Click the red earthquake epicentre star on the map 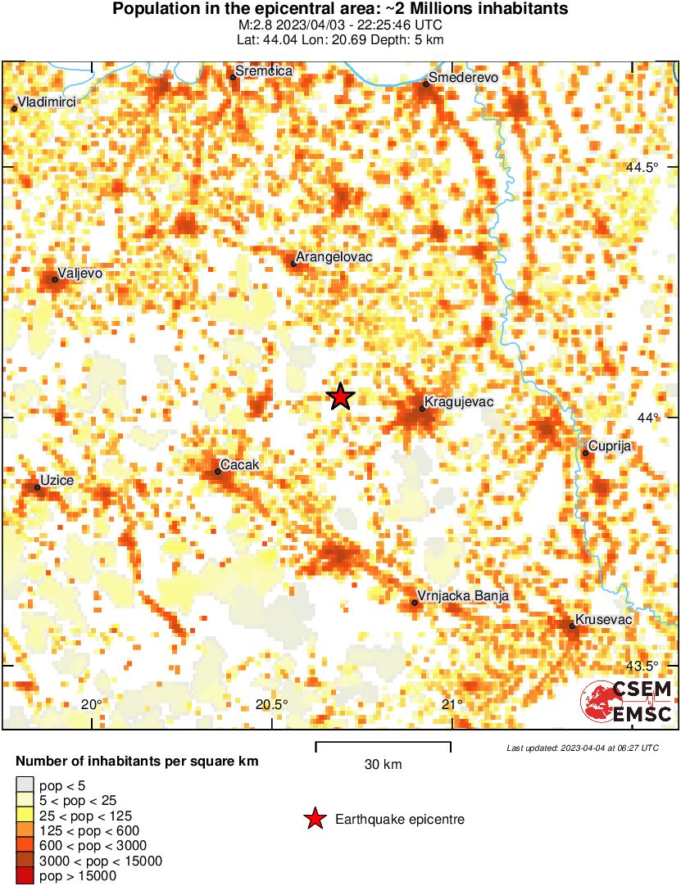tap(340, 397)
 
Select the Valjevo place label tap(79, 273)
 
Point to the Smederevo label tap(463, 78)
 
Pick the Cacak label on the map tap(241, 465)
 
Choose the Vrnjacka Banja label tap(463, 596)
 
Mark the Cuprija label tap(607, 447)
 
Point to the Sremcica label tap(262, 71)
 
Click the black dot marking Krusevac tap(573, 626)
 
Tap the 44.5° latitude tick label tap(642, 167)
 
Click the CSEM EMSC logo tap(627, 702)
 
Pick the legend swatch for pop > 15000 tap(25, 876)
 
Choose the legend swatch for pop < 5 tap(25, 786)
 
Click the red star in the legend tap(313, 819)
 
